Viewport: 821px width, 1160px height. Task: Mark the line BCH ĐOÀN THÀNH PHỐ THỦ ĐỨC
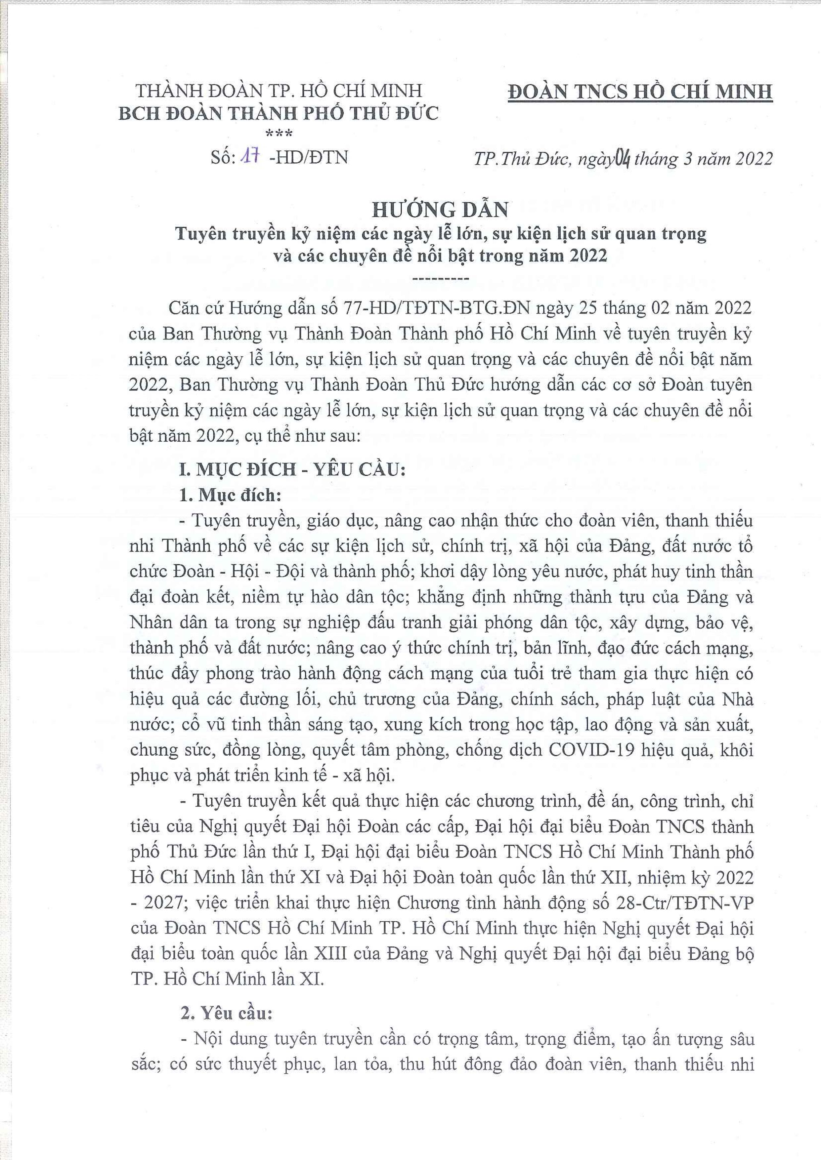coord(279,113)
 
